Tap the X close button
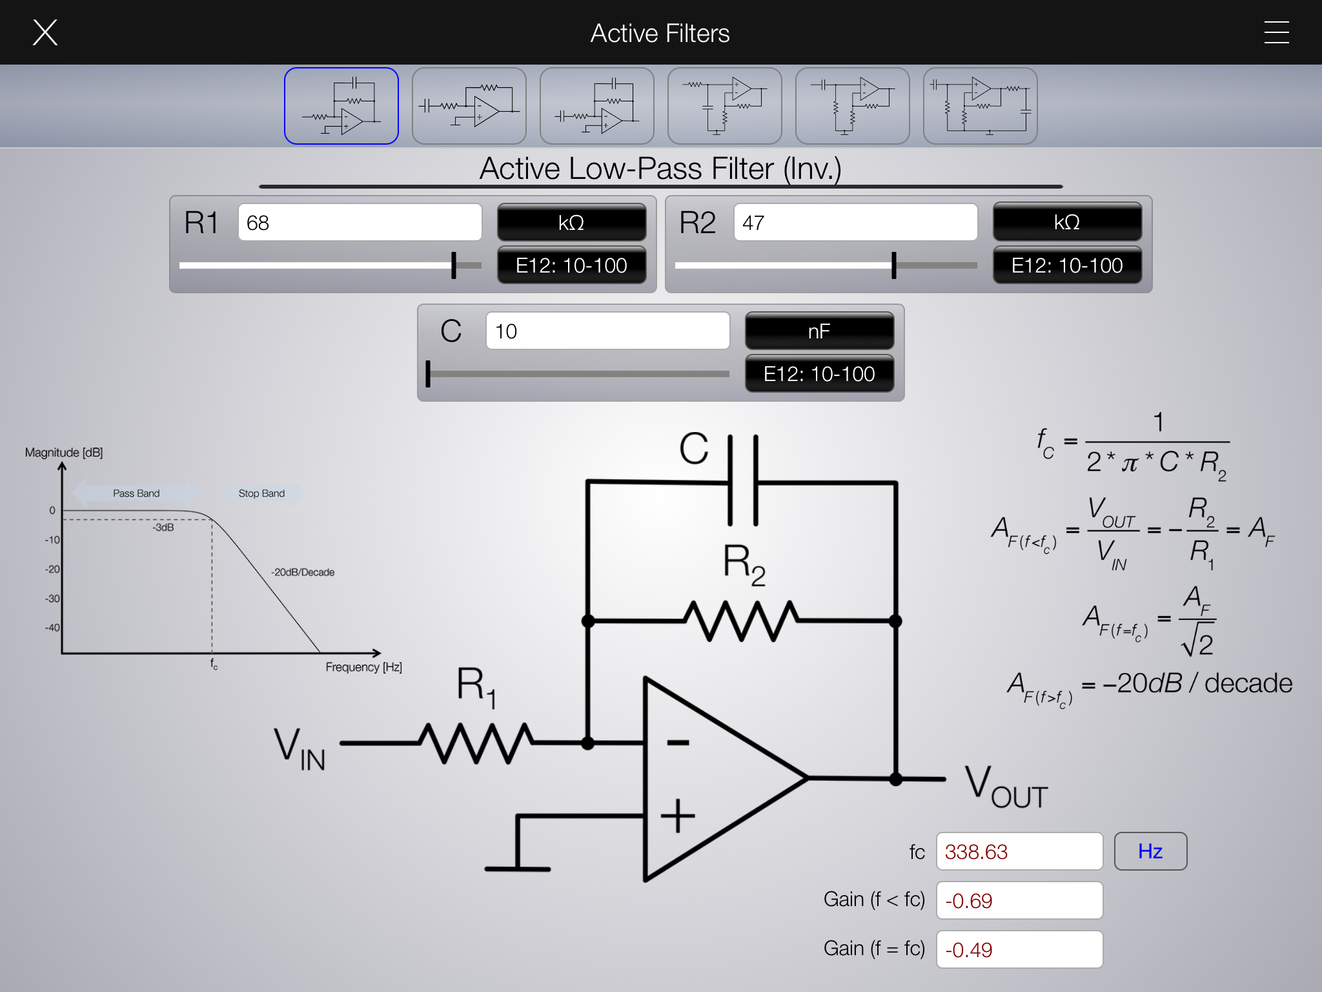click(45, 32)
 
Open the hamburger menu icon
click(1276, 32)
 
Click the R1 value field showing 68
click(360, 223)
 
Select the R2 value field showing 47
click(855, 223)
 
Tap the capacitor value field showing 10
click(607, 331)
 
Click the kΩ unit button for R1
click(571, 223)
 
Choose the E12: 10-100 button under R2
click(1066, 265)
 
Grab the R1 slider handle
click(454, 265)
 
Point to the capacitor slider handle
click(428, 374)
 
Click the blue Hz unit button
click(1150, 851)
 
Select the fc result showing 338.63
click(1019, 852)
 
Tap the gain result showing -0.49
click(1019, 950)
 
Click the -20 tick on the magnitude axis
click(52, 569)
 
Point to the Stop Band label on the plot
click(261, 493)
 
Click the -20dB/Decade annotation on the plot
click(303, 572)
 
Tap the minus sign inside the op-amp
click(678, 743)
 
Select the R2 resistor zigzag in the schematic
click(741, 621)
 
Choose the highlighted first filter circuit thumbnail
click(341, 106)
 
